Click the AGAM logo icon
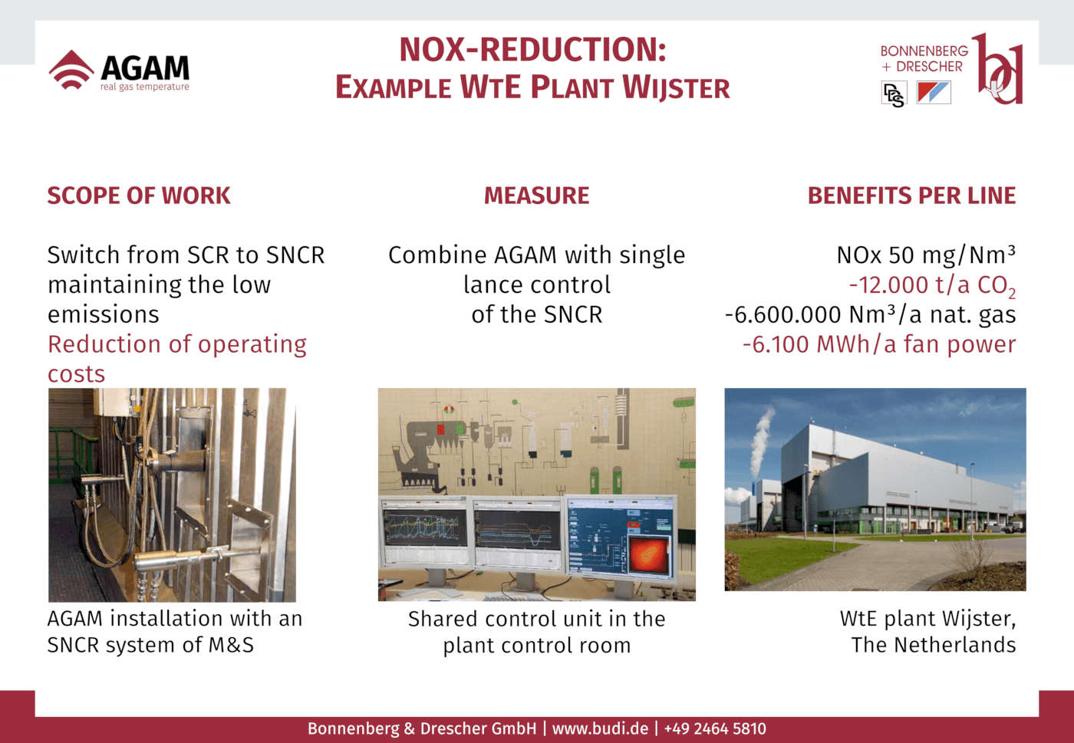[x=71, y=70]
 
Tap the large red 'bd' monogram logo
[x=998, y=68]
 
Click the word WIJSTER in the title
[x=676, y=87]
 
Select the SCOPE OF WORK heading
[x=139, y=196]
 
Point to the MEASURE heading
[x=536, y=196]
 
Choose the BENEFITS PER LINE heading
[x=912, y=196]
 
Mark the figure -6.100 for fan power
[x=776, y=344]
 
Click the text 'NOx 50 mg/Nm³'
[x=926, y=255]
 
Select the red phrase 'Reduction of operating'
[x=177, y=345]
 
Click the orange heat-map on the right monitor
[x=648, y=554]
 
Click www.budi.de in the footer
[x=600, y=728]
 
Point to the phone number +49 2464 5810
[x=715, y=728]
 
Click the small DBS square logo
[x=894, y=94]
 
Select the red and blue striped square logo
[x=934, y=93]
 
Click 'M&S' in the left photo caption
[x=231, y=645]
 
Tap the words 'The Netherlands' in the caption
[x=933, y=645]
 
